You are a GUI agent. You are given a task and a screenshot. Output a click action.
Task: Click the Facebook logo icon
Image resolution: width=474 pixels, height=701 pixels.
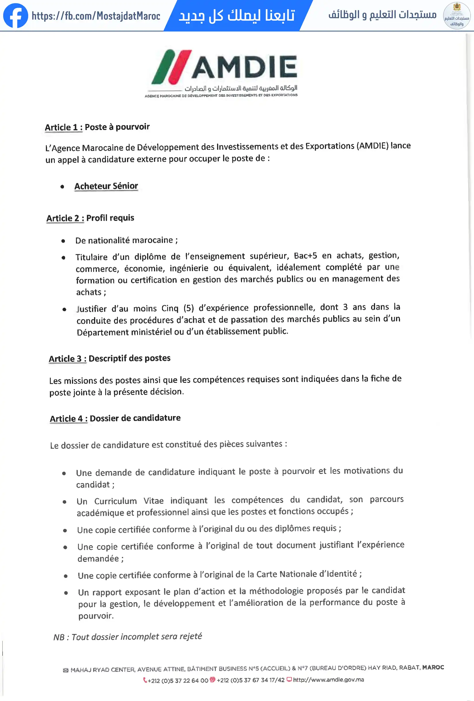pos(15,16)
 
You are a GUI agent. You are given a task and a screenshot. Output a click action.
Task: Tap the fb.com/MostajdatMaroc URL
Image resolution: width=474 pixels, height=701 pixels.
pos(96,16)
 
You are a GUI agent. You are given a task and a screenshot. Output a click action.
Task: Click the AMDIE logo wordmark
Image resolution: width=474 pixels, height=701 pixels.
pos(244,67)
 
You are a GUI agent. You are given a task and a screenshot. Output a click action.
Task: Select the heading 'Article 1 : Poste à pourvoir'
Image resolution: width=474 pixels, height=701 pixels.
pos(97,127)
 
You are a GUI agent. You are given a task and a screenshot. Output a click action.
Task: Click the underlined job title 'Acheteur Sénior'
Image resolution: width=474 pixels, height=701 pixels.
pos(106,186)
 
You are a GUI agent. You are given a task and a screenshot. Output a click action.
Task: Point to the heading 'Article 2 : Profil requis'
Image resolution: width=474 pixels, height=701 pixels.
pos(90,218)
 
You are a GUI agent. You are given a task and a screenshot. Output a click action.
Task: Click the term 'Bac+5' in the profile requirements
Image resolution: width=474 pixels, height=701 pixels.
pos(305,256)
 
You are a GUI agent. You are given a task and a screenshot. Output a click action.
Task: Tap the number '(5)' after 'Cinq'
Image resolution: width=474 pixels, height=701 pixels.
pos(188,308)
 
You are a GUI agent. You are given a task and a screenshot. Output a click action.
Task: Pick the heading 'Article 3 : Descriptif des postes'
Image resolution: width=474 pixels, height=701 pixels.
pos(110,358)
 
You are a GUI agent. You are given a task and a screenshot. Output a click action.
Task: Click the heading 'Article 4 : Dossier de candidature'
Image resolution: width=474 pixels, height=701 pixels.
pos(115,418)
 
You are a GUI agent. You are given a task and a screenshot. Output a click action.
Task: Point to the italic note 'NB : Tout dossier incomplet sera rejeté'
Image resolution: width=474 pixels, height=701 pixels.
pos(128,637)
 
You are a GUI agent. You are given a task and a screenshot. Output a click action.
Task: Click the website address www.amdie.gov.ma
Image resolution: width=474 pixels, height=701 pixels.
pos(328,680)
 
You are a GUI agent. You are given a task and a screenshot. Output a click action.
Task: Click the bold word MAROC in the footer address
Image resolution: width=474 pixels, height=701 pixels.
pos(433,667)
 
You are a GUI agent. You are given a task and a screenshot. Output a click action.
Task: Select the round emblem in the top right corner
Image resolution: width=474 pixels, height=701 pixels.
pos(457,15)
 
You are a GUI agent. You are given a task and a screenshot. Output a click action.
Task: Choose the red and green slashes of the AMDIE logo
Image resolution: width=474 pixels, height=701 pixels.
pos(171,67)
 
